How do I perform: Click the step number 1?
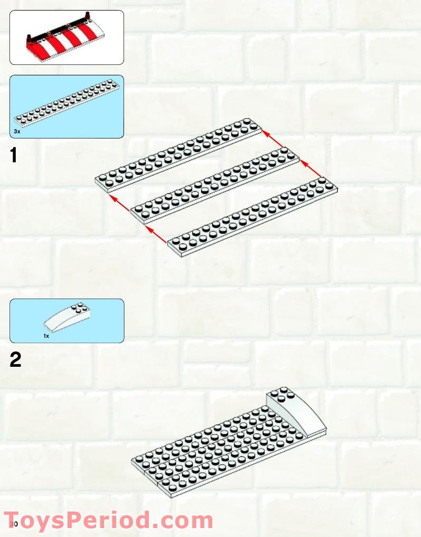point(14,155)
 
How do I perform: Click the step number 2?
point(15,359)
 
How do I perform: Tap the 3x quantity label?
point(17,131)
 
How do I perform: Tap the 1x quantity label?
point(46,336)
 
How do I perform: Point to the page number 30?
point(14,524)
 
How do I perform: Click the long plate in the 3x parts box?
point(67,101)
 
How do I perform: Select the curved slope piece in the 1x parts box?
point(68,317)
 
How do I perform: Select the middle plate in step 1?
point(215,186)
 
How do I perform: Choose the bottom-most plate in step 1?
point(253,217)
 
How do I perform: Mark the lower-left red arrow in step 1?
point(156,234)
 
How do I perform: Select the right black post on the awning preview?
point(87,16)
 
